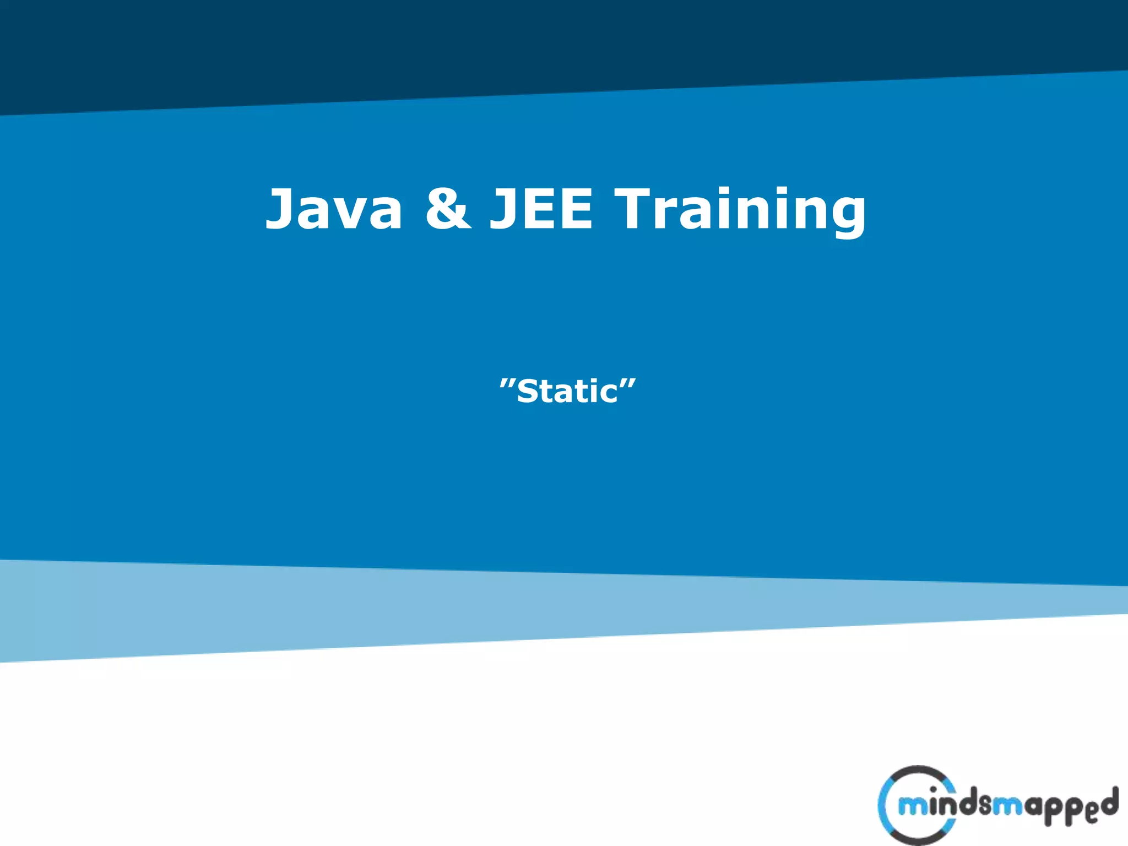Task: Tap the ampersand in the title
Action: click(448, 208)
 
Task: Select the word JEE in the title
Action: click(541, 208)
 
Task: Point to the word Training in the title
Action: click(740, 209)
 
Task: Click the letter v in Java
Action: click(345, 214)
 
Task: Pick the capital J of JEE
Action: click(503, 208)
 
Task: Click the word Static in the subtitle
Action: click(567, 392)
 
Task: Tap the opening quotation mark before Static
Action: click(507, 383)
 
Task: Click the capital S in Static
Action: click(528, 392)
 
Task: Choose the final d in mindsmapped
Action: click(1108, 802)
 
